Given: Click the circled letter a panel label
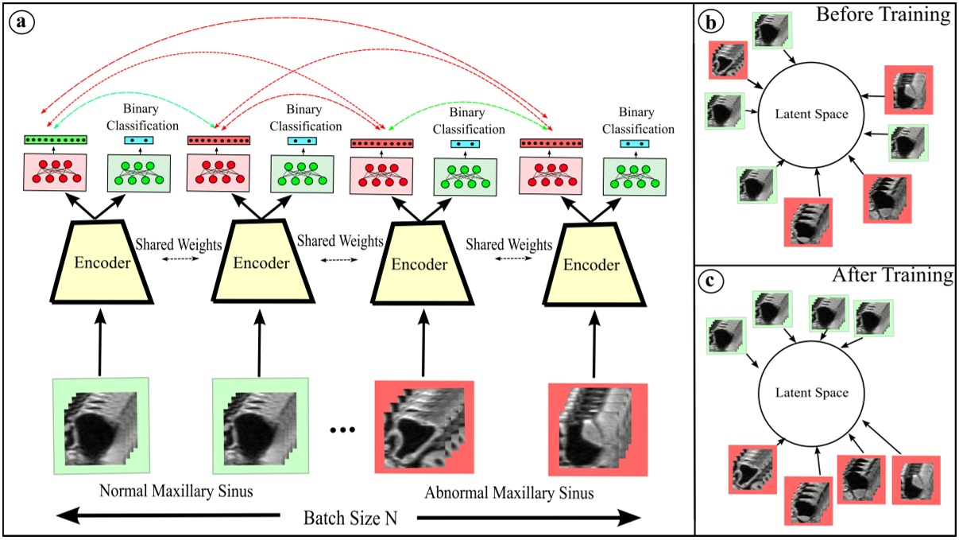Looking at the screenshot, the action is [x=21, y=21].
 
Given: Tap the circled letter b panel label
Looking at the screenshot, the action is [x=710, y=21].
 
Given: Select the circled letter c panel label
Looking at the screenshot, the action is [x=710, y=282].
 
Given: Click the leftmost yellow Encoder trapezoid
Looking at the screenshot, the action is [x=102, y=262].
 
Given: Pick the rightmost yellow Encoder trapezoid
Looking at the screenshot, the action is [x=594, y=264].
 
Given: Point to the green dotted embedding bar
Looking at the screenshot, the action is [x=56, y=140].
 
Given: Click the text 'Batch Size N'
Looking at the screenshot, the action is [x=350, y=518].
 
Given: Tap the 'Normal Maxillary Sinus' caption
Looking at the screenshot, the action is [x=176, y=491].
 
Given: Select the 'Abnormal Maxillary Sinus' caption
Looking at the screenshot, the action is [x=509, y=493].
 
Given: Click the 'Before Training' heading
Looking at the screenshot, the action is [x=884, y=14].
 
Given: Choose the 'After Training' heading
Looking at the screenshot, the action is [x=892, y=275].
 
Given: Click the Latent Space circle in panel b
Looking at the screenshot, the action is [x=811, y=115].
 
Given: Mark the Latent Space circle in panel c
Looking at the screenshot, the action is [x=811, y=394].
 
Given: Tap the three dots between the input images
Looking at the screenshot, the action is [x=342, y=429].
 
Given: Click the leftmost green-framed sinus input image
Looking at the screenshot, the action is [x=101, y=426].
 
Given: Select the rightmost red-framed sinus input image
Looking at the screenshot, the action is [x=597, y=430].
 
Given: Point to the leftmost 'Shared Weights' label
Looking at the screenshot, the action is [x=179, y=244].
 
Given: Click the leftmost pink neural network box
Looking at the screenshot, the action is [x=55, y=172].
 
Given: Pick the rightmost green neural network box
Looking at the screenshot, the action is [x=635, y=177].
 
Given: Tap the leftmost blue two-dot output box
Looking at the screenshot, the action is [x=139, y=140].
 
